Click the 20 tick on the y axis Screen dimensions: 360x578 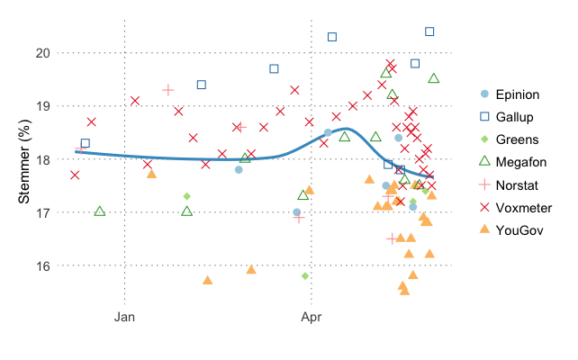[41, 52]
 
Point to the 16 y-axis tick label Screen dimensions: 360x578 [41, 265]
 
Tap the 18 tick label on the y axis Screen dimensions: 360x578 [41, 159]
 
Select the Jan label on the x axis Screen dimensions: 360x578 [125, 317]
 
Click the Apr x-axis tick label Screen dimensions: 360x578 [311, 317]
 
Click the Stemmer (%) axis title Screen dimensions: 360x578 [26, 158]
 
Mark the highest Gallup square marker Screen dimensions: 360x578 [429, 31]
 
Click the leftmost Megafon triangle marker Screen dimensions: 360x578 [100, 211]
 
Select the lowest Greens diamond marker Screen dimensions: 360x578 [305, 275]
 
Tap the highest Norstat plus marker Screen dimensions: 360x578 [167, 90]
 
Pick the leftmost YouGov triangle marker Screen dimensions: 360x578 [151, 173]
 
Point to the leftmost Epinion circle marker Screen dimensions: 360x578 [239, 169]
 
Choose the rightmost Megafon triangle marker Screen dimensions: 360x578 [434, 78]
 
